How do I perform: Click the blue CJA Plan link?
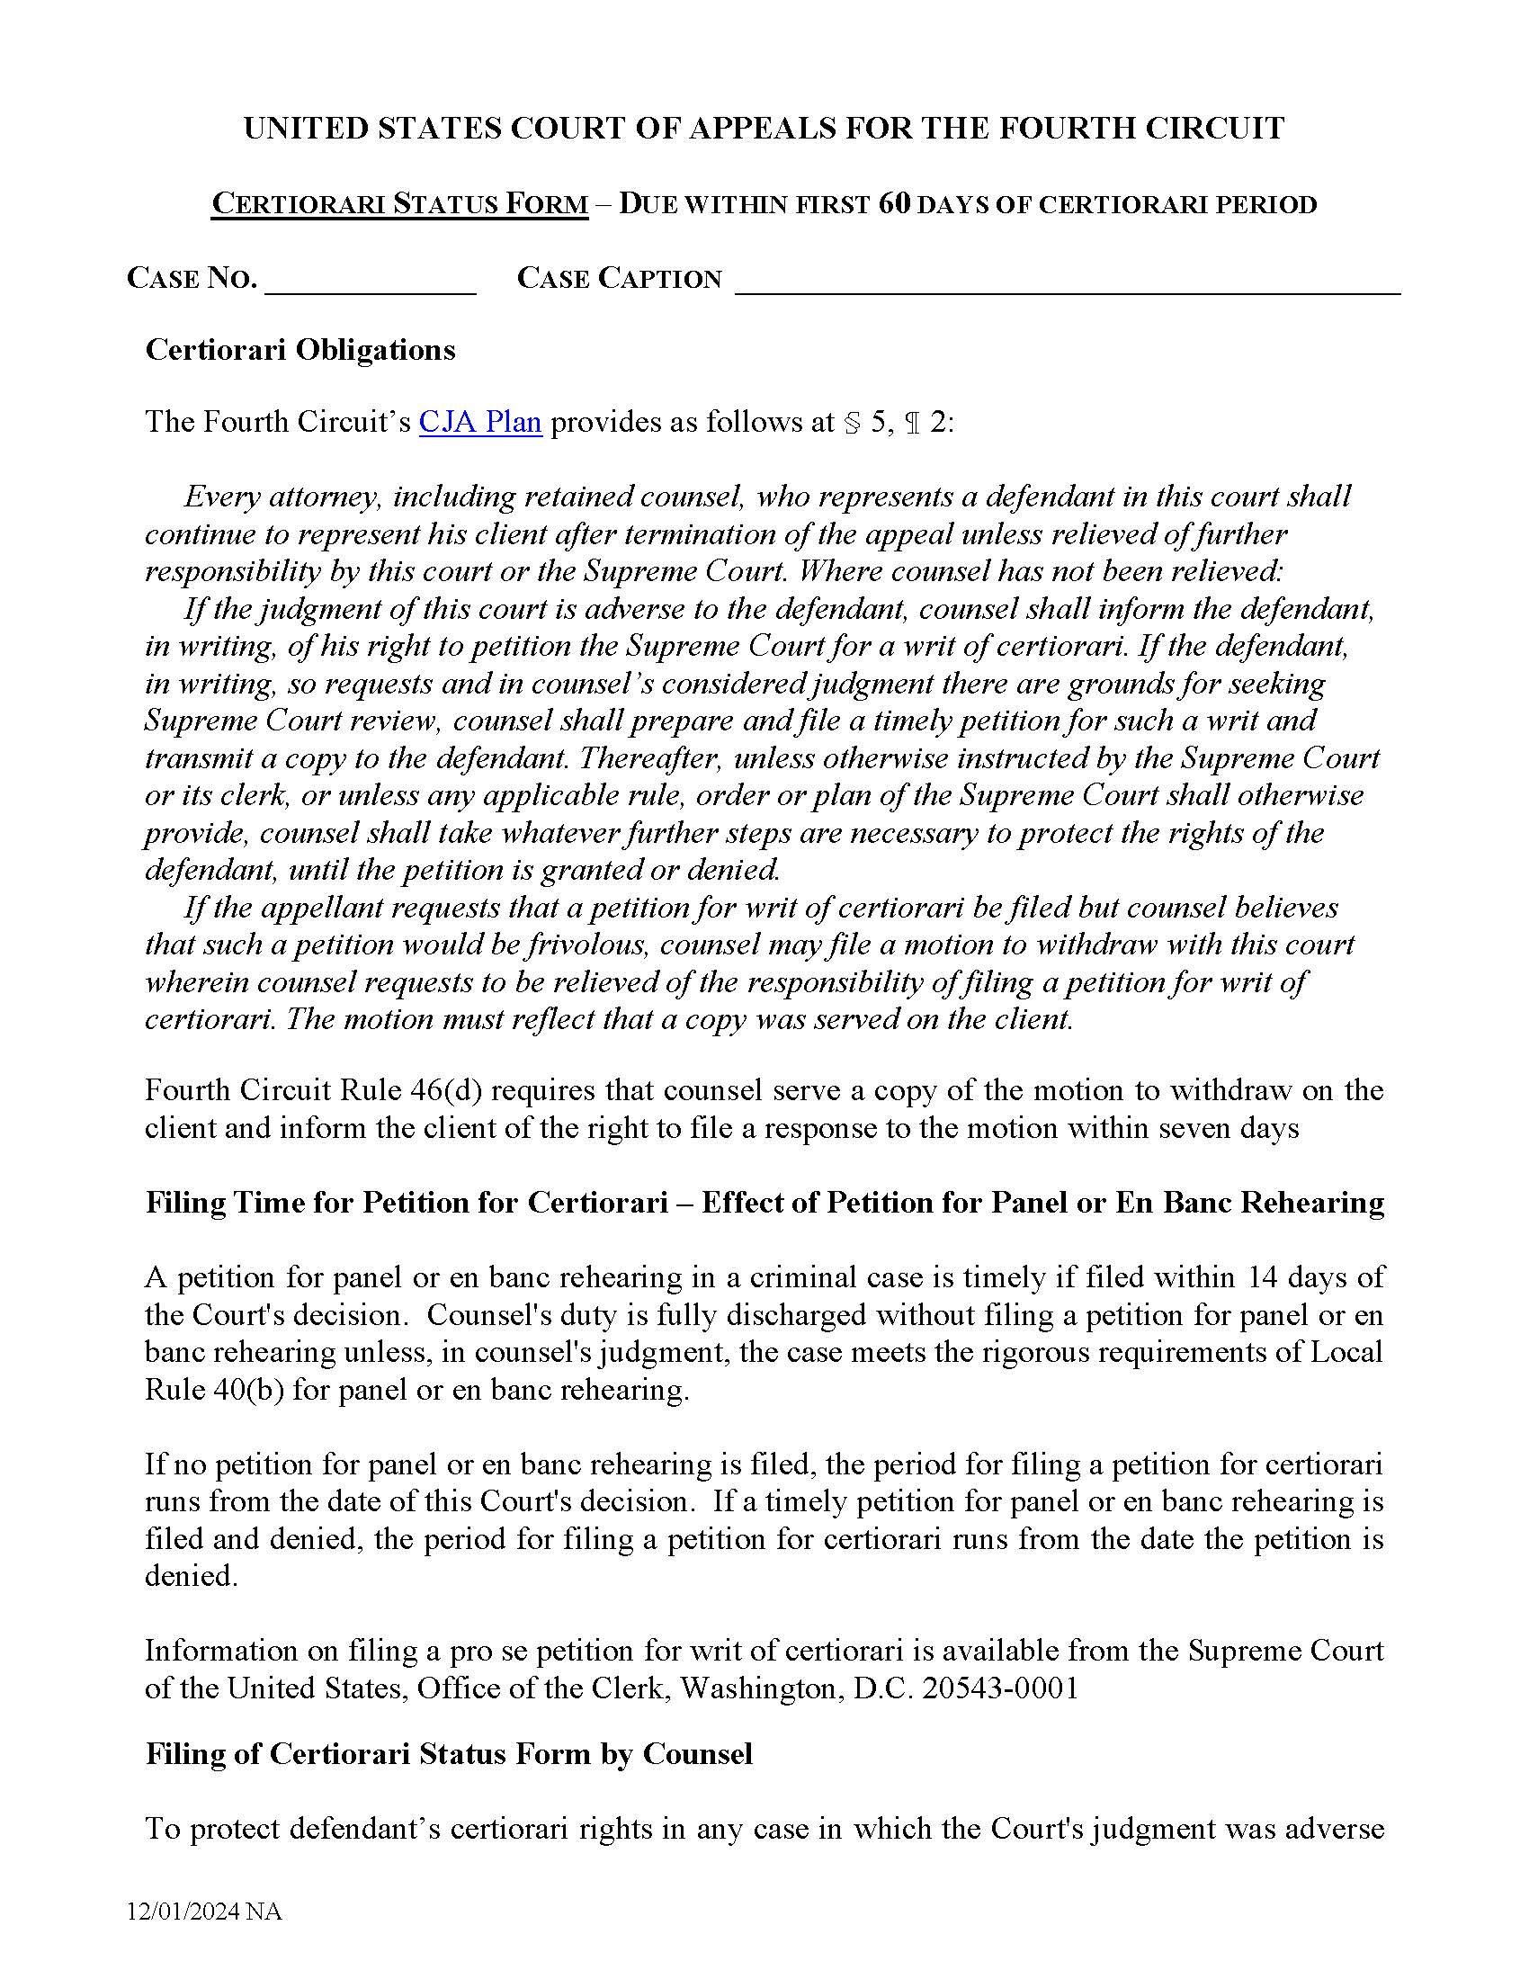[x=480, y=422]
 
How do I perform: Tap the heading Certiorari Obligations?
[x=300, y=350]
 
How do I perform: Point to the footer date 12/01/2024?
[x=183, y=1912]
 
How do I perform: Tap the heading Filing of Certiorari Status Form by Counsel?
[x=449, y=1754]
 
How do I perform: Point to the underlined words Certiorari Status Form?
[x=399, y=204]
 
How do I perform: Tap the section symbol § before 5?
[x=852, y=423]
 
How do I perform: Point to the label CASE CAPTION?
[x=619, y=277]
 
